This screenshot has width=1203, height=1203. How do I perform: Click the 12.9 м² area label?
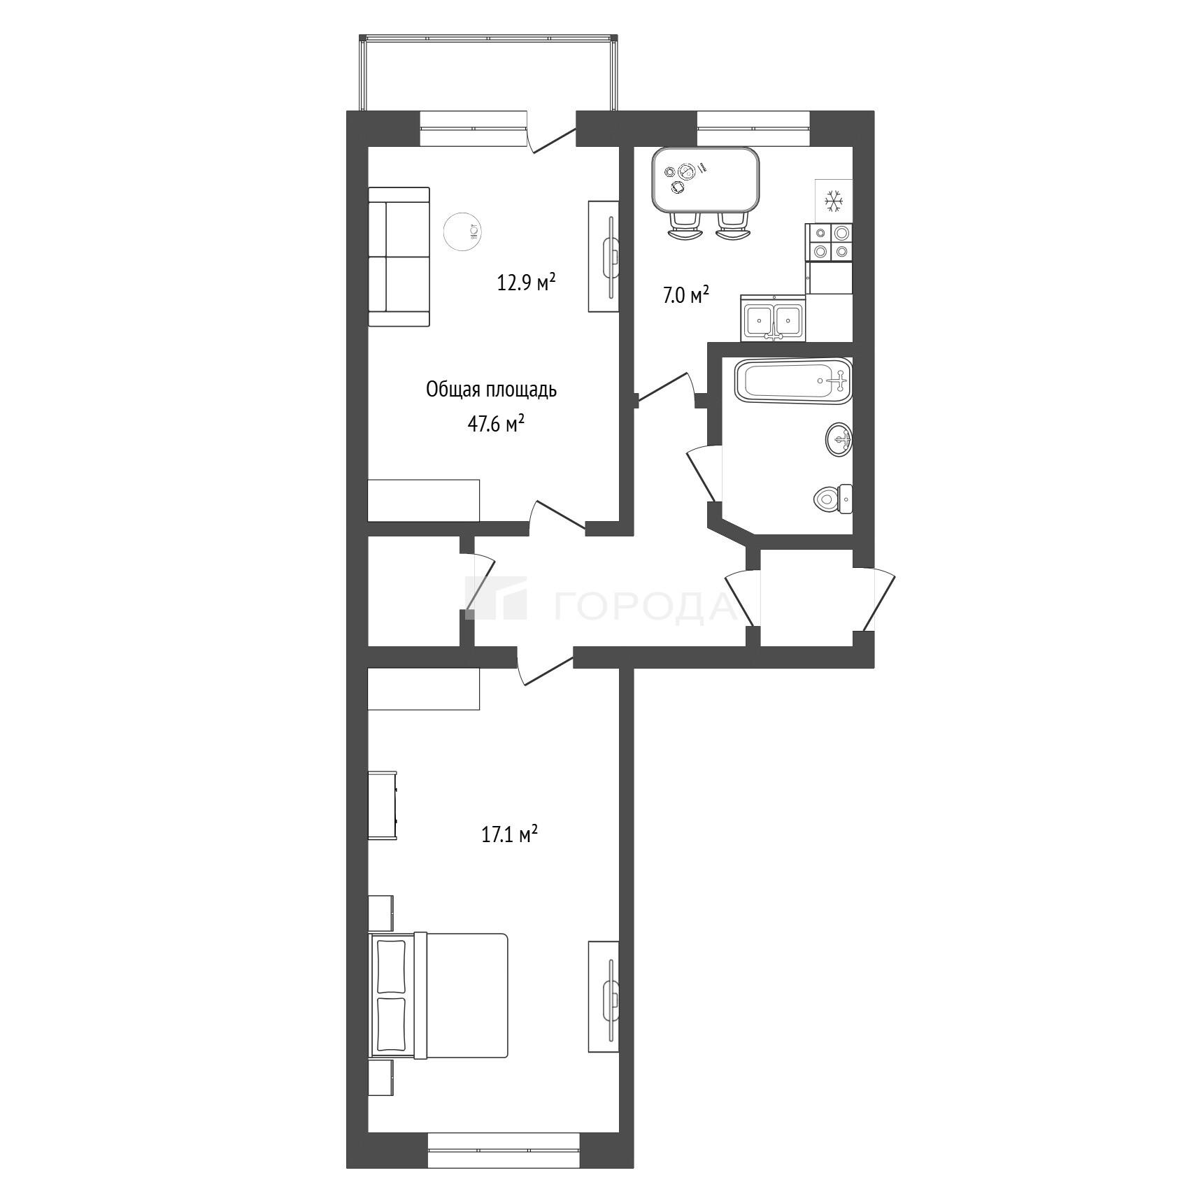click(527, 282)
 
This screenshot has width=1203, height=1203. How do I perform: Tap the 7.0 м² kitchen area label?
click(686, 295)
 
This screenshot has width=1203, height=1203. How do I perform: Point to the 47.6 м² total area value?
click(496, 423)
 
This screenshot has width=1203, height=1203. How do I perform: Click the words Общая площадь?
click(491, 390)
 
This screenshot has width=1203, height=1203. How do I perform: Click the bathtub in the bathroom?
click(793, 381)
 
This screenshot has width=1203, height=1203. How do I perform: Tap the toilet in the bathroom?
click(834, 499)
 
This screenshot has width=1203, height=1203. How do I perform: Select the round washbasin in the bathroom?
click(839, 440)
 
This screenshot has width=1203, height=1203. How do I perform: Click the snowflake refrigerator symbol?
click(834, 201)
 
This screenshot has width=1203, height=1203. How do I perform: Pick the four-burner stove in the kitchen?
click(830, 242)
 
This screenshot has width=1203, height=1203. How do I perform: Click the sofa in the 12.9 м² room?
click(399, 257)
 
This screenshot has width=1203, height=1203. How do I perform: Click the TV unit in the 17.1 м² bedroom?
click(604, 996)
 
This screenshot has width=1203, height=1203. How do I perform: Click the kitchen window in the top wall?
click(753, 129)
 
